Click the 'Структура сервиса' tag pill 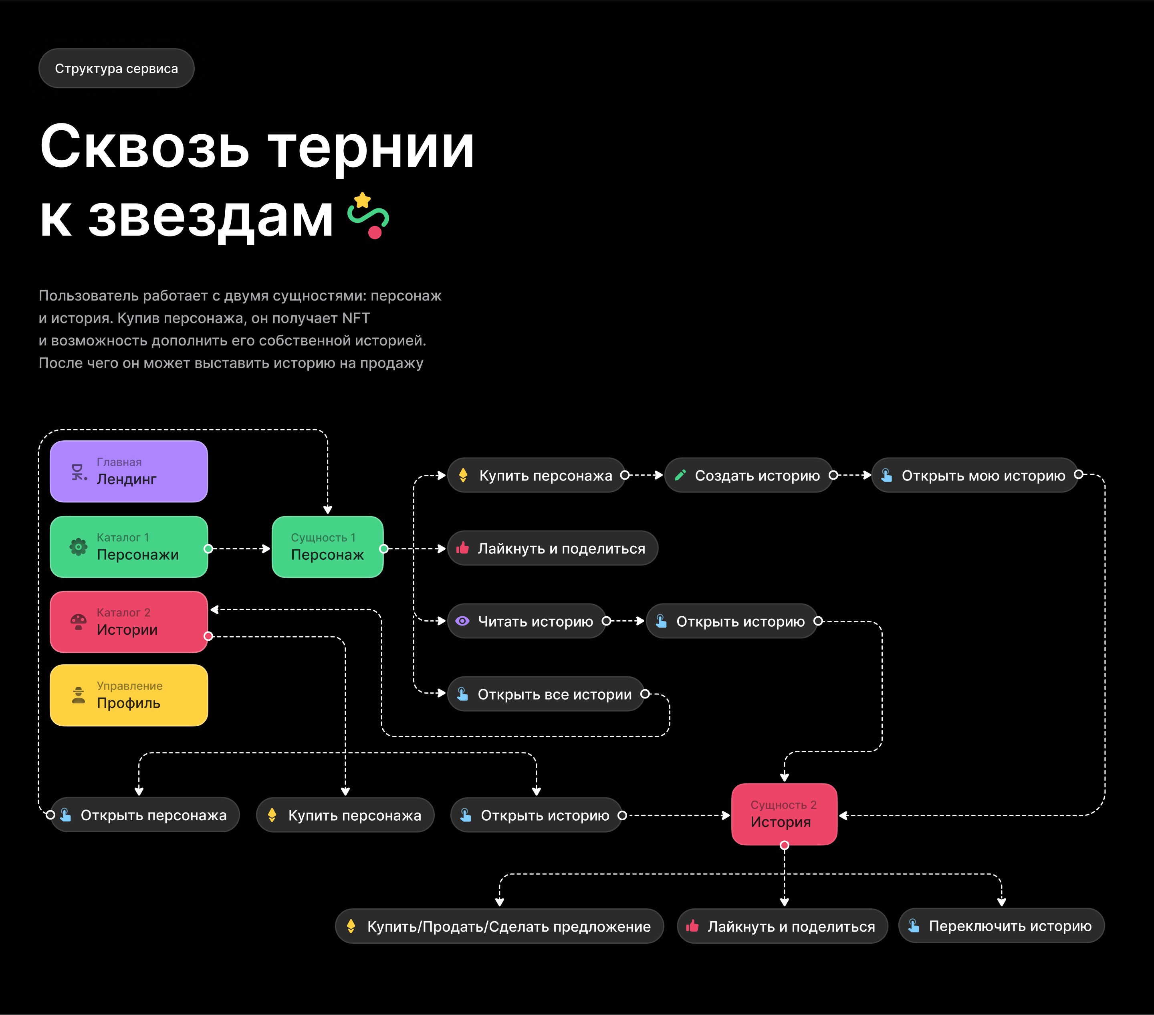pyautogui.click(x=116, y=68)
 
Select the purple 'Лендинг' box pyautogui.click(x=129, y=471)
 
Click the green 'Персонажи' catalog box pyautogui.click(x=129, y=547)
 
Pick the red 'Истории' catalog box pyautogui.click(x=129, y=622)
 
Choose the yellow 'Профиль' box pyautogui.click(x=129, y=695)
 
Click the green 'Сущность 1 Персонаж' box pyautogui.click(x=327, y=547)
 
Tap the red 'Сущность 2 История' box pyautogui.click(x=784, y=814)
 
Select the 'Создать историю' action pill pyautogui.click(x=748, y=475)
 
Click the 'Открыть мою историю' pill pyautogui.click(x=974, y=475)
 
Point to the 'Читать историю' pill pyautogui.click(x=526, y=621)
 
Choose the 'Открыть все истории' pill pyautogui.click(x=545, y=694)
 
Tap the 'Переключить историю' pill pyautogui.click(x=1001, y=926)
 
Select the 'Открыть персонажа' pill pyautogui.click(x=145, y=815)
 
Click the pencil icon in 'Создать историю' pyautogui.click(x=680, y=475)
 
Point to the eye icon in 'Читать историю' pyautogui.click(x=462, y=621)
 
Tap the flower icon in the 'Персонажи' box pyautogui.click(x=79, y=547)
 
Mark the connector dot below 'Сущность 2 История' pyautogui.click(x=784, y=845)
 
